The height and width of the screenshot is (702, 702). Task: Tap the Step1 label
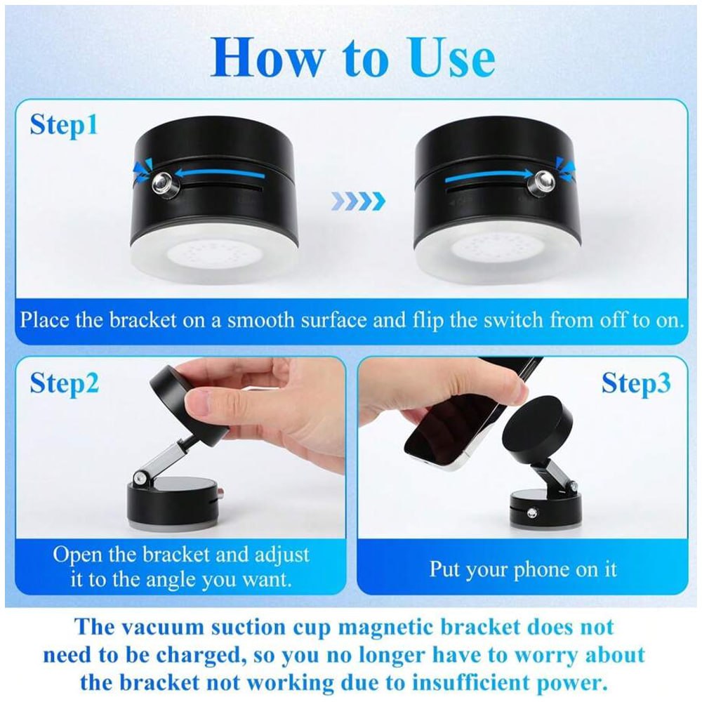(x=64, y=126)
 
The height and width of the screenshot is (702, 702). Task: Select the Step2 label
(x=64, y=383)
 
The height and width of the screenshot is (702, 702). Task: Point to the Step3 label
(x=636, y=383)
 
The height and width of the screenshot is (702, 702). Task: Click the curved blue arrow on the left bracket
(x=211, y=170)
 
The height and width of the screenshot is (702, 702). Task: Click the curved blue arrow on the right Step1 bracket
(x=484, y=170)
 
